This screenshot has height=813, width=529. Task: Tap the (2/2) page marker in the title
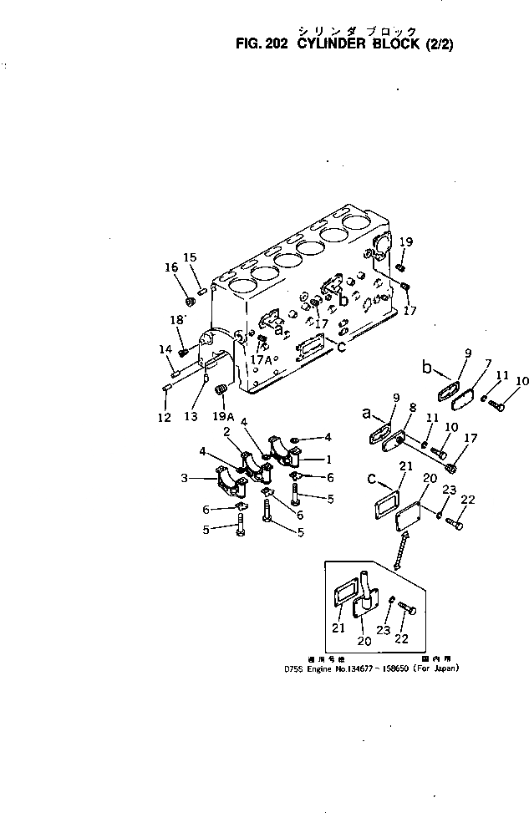click(444, 44)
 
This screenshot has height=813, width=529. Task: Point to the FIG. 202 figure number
click(261, 44)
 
